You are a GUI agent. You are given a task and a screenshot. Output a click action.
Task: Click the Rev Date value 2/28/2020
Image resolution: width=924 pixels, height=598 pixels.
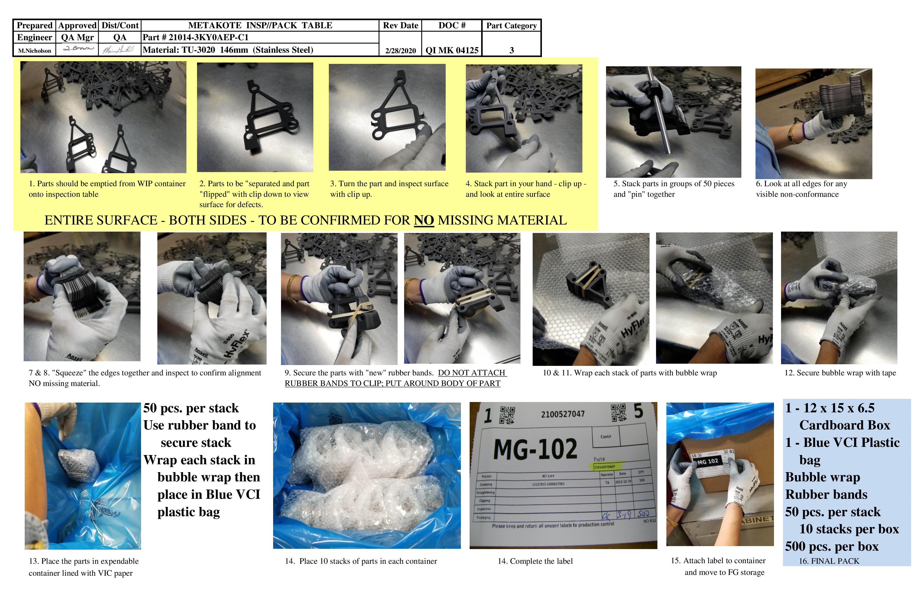(x=400, y=51)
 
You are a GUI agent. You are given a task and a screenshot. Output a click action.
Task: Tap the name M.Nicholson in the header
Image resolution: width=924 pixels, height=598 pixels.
(x=35, y=51)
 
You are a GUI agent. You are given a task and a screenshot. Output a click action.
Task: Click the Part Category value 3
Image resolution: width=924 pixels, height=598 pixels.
(x=511, y=50)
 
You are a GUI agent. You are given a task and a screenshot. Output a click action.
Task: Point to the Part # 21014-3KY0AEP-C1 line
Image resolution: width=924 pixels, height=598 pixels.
(x=195, y=37)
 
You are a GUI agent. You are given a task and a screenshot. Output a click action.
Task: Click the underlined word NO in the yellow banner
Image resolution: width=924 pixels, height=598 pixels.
(x=424, y=220)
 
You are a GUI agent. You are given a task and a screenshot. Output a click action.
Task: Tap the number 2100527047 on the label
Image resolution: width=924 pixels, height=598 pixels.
(x=563, y=414)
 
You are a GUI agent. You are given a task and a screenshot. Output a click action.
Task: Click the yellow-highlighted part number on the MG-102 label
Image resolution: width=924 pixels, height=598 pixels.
(x=605, y=466)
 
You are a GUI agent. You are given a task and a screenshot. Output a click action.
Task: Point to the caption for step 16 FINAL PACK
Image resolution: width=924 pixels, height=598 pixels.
(x=829, y=561)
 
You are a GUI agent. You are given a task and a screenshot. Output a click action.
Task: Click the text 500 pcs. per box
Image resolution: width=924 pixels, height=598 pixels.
(x=832, y=546)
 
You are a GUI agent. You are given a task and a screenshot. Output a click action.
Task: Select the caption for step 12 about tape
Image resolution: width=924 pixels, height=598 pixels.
(x=840, y=373)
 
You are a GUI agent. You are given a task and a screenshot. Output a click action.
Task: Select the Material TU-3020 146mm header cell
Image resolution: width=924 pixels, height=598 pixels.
(x=228, y=50)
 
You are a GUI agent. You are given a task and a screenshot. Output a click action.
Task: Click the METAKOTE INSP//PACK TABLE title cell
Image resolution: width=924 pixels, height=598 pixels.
(x=260, y=26)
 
